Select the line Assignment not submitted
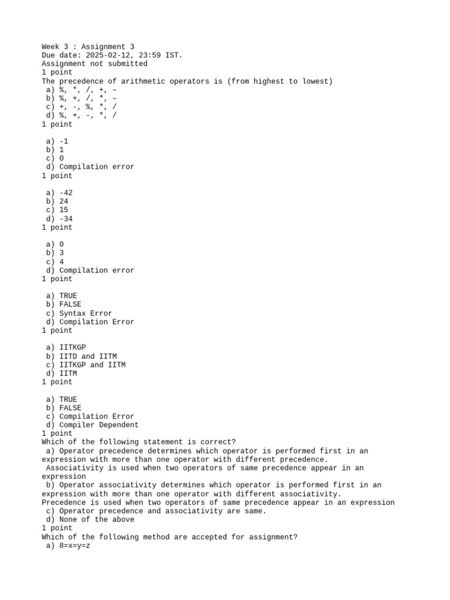[94, 64]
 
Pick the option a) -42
[59, 193]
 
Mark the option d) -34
[59, 219]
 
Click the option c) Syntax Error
[79, 313]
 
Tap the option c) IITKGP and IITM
[86, 364]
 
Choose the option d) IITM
[61, 373]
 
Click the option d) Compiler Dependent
[92, 425]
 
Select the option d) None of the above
[90, 520]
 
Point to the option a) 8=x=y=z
[67, 546]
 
